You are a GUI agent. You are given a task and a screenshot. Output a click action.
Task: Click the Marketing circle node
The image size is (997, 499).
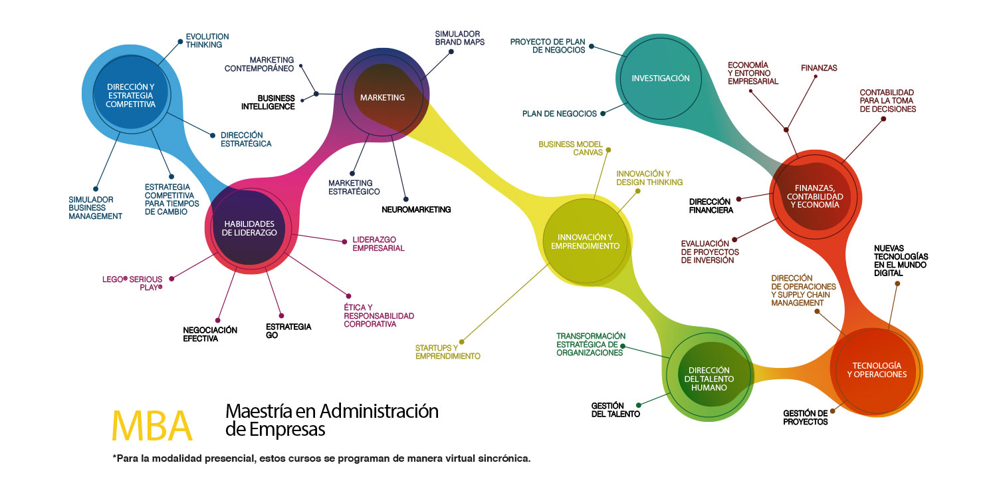[x=382, y=98]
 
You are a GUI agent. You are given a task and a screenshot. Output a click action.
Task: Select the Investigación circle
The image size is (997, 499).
[x=660, y=79]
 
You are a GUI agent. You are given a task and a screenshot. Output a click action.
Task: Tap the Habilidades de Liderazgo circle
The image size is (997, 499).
[x=250, y=228]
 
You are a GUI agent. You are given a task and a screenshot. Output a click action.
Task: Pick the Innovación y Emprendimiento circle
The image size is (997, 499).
[x=585, y=241]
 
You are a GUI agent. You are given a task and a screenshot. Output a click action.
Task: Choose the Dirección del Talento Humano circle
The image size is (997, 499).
[x=709, y=379]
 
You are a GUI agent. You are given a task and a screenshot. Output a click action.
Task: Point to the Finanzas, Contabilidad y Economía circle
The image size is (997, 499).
[x=814, y=196]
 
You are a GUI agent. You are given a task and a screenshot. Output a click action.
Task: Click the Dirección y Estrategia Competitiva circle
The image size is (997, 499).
[x=131, y=96]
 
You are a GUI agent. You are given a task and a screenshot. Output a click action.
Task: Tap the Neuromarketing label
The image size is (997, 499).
[x=416, y=210]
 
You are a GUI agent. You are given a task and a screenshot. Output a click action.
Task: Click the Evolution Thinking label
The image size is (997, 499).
[x=207, y=41]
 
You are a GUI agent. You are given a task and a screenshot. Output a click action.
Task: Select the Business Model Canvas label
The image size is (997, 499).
[x=570, y=148]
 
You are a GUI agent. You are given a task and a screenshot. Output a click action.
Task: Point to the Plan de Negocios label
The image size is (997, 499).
[x=559, y=114]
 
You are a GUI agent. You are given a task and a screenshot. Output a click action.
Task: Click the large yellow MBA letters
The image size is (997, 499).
[x=152, y=425]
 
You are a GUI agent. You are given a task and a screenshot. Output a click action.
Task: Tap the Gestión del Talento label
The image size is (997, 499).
[x=615, y=409]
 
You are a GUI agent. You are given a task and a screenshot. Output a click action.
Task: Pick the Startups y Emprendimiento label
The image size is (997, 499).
[x=447, y=352]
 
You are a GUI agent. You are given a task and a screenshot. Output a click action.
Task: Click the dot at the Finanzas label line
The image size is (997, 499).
[x=815, y=77]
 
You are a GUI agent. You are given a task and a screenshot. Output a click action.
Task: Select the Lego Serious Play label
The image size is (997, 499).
[x=133, y=283]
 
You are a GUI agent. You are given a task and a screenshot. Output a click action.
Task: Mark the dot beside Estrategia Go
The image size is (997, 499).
[x=281, y=315]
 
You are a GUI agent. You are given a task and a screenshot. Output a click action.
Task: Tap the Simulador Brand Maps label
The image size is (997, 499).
[x=459, y=37]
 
